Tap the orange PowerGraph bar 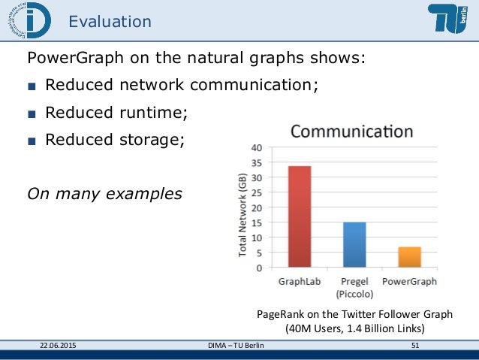click(409, 257)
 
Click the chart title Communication click(351, 132)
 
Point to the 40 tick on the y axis click(257, 147)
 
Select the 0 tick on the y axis click(259, 268)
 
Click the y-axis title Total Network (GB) click(243, 213)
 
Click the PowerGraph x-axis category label click(409, 282)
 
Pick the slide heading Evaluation click(110, 22)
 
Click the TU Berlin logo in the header click(450, 20)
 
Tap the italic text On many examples click(104, 193)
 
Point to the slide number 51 click(414, 345)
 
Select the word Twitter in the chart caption click(352, 314)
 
